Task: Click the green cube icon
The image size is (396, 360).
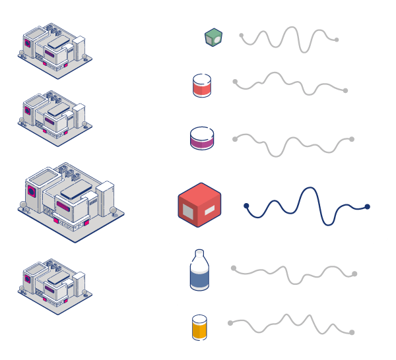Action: click(213, 37)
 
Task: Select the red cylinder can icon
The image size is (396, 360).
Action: click(202, 86)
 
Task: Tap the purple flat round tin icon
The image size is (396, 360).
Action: click(202, 138)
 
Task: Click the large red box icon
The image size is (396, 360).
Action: click(199, 205)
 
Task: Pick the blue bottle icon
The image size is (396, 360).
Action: click(199, 271)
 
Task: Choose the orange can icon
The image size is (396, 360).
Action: click(199, 327)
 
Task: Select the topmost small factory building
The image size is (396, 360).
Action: click(54, 51)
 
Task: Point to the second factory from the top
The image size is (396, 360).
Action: click(54, 117)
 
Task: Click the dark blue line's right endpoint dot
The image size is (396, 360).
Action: click(367, 206)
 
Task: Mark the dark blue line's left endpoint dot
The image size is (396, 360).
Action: click(246, 206)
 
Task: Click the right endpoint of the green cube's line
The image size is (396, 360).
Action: click(337, 40)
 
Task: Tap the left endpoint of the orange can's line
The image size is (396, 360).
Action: click(230, 323)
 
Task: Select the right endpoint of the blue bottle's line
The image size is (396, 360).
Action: click(354, 274)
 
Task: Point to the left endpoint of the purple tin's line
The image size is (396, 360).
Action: click(235, 139)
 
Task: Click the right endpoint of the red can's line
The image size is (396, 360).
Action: click(345, 90)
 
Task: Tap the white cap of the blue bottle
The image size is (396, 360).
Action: click(199, 255)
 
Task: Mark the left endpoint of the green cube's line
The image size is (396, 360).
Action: click(242, 35)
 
